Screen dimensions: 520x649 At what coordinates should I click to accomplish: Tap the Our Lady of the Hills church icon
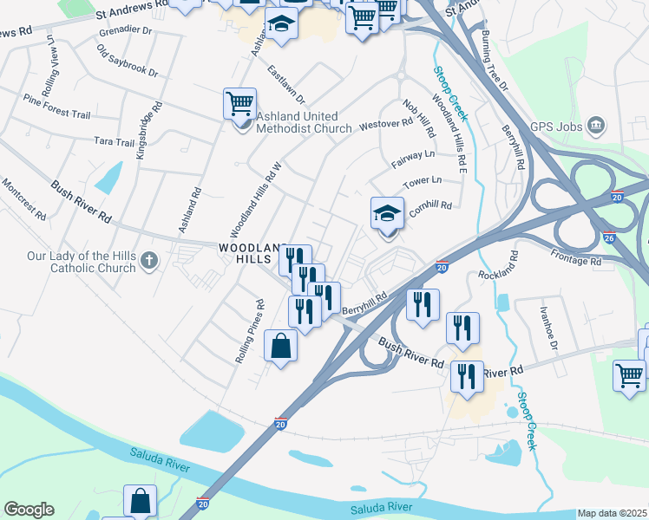click(148, 260)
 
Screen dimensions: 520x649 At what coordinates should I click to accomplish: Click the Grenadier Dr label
click(125, 30)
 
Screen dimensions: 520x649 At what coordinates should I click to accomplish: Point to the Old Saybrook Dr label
click(128, 62)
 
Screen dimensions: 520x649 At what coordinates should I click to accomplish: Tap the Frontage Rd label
click(575, 260)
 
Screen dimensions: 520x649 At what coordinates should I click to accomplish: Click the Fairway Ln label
click(413, 156)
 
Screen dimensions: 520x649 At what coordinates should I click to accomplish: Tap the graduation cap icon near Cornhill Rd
click(387, 213)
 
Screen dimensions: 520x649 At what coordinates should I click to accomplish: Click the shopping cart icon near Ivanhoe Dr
click(629, 375)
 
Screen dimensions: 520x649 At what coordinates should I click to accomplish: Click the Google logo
click(29, 510)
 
